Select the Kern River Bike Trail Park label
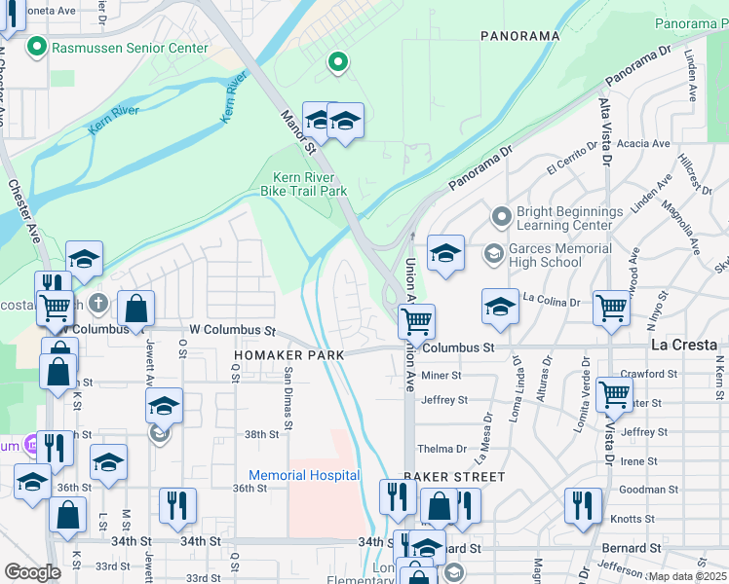coord(304,185)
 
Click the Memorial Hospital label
coord(304,476)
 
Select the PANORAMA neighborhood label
coord(519,36)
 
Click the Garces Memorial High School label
coord(559,255)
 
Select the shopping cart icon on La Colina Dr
coord(612,307)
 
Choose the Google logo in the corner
coord(32,572)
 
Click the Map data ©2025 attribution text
coord(686,576)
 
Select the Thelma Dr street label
coord(442,449)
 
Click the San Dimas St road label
coord(288,397)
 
